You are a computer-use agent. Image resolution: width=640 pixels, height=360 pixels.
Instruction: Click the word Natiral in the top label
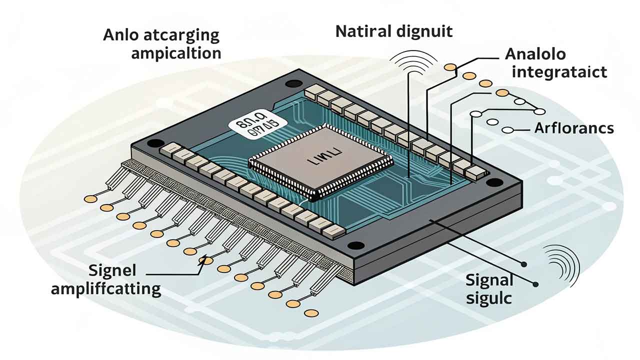coord(362,31)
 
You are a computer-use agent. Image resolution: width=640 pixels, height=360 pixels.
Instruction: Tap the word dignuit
coord(424,31)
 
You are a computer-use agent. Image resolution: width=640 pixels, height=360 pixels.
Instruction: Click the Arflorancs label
coord(574,128)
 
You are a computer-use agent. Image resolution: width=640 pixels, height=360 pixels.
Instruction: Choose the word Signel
coord(112,271)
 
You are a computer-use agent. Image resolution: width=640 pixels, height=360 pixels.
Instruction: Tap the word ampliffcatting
coord(105,289)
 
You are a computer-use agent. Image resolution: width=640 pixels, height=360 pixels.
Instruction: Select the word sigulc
coord(489,298)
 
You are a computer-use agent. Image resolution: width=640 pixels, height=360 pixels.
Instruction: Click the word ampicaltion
coord(176,53)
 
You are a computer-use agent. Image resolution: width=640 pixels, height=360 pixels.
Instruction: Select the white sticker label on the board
coord(256,122)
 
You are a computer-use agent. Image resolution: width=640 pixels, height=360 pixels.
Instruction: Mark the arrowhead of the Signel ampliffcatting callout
coord(202,260)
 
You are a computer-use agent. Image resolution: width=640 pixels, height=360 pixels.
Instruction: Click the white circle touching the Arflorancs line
coord(508,130)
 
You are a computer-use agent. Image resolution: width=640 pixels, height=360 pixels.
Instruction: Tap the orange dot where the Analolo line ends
coord(450,67)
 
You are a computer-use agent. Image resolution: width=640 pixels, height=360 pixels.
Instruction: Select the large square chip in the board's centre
coord(320,160)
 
